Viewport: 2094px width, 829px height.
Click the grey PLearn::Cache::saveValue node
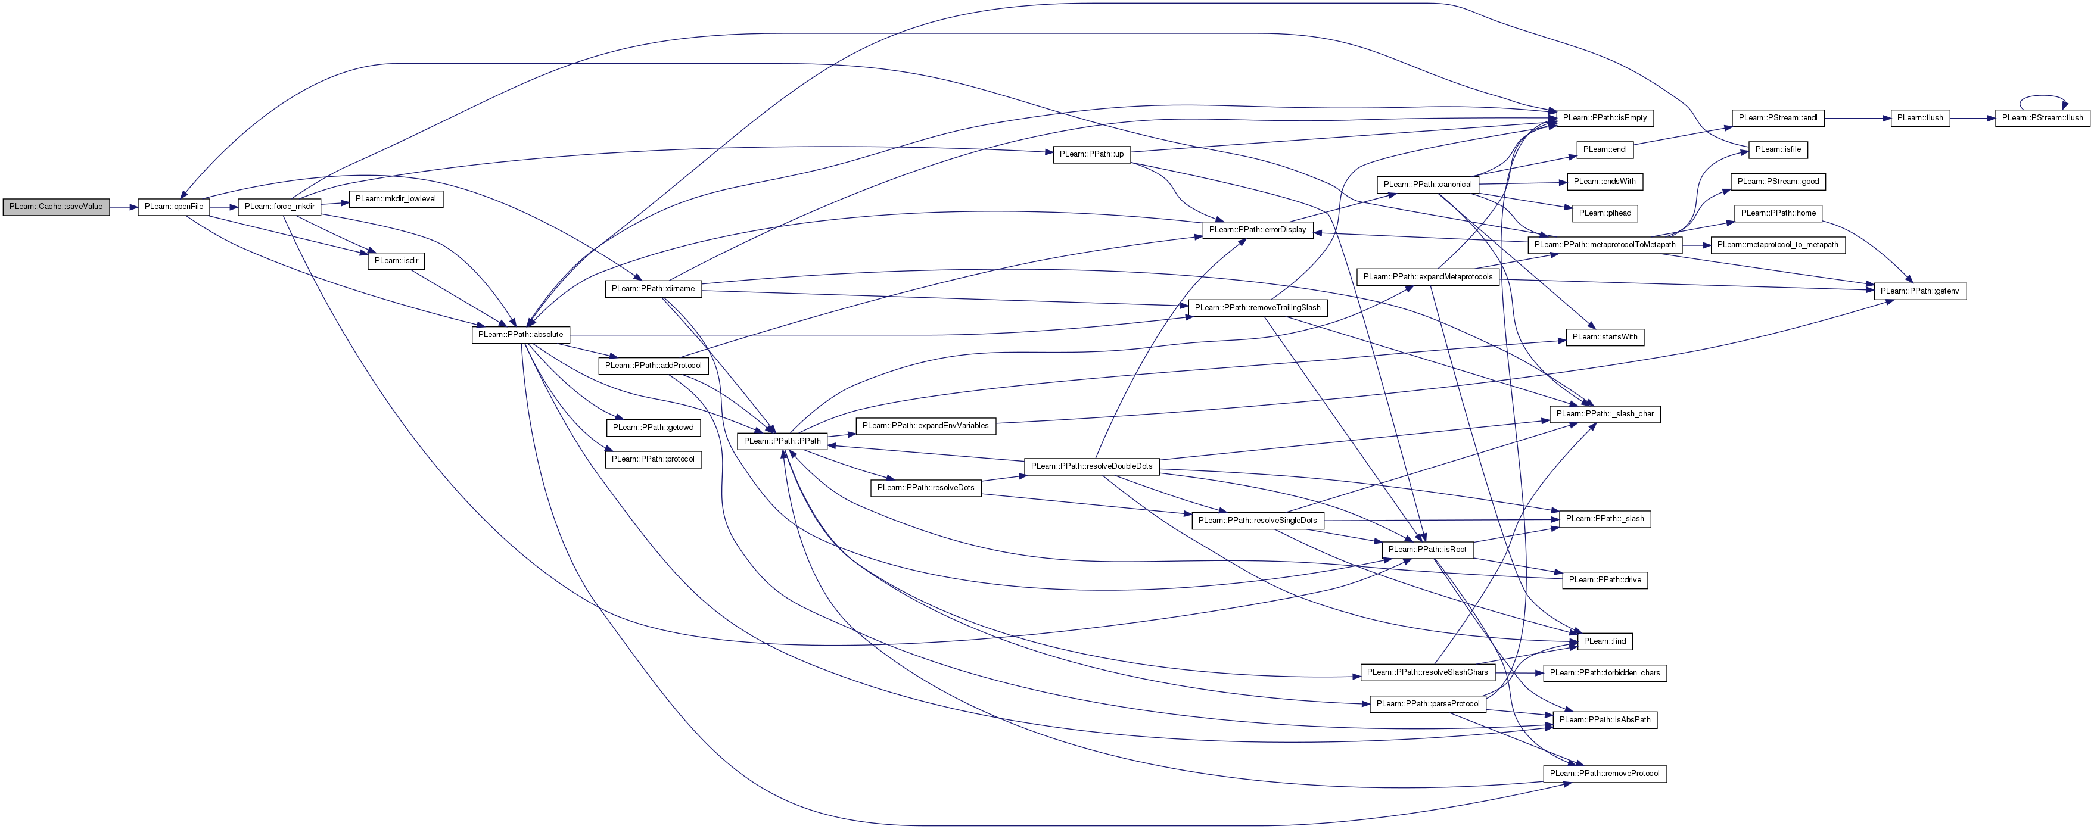(56, 207)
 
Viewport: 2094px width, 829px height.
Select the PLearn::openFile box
(174, 207)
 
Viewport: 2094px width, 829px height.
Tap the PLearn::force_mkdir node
(279, 207)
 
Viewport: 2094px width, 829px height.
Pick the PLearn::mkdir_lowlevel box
(396, 198)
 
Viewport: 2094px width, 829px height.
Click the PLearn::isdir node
(397, 261)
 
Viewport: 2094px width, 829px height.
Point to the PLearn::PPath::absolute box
(521, 334)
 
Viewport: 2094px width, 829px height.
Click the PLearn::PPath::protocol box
(654, 459)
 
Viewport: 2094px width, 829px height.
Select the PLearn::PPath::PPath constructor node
(783, 441)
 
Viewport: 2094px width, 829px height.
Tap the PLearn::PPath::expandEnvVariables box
(926, 426)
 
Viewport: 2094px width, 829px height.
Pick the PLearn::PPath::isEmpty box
(1605, 118)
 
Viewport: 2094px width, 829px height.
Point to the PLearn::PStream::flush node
(2043, 118)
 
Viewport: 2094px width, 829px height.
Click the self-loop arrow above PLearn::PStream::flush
(2043, 96)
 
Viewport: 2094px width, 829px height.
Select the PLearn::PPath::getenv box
(1920, 291)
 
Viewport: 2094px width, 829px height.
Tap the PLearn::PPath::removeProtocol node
(1605, 773)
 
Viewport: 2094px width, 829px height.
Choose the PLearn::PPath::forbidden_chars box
(1605, 673)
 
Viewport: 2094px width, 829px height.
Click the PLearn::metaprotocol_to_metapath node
(1778, 245)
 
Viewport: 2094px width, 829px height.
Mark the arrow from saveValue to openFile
(123, 207)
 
